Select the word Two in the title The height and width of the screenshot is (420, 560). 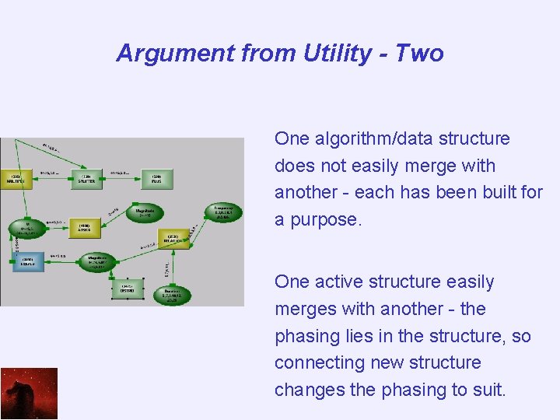tap(419, 54)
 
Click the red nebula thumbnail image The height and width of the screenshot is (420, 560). tap(29, 394)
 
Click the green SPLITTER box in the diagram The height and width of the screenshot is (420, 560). tap(87, 179)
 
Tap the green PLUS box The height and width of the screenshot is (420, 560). tap(156, 179)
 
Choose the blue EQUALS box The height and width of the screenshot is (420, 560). tap(27, 264)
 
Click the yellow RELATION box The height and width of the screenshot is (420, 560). tap(173, 239)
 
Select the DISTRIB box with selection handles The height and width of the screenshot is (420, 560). tap(128, 289)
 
